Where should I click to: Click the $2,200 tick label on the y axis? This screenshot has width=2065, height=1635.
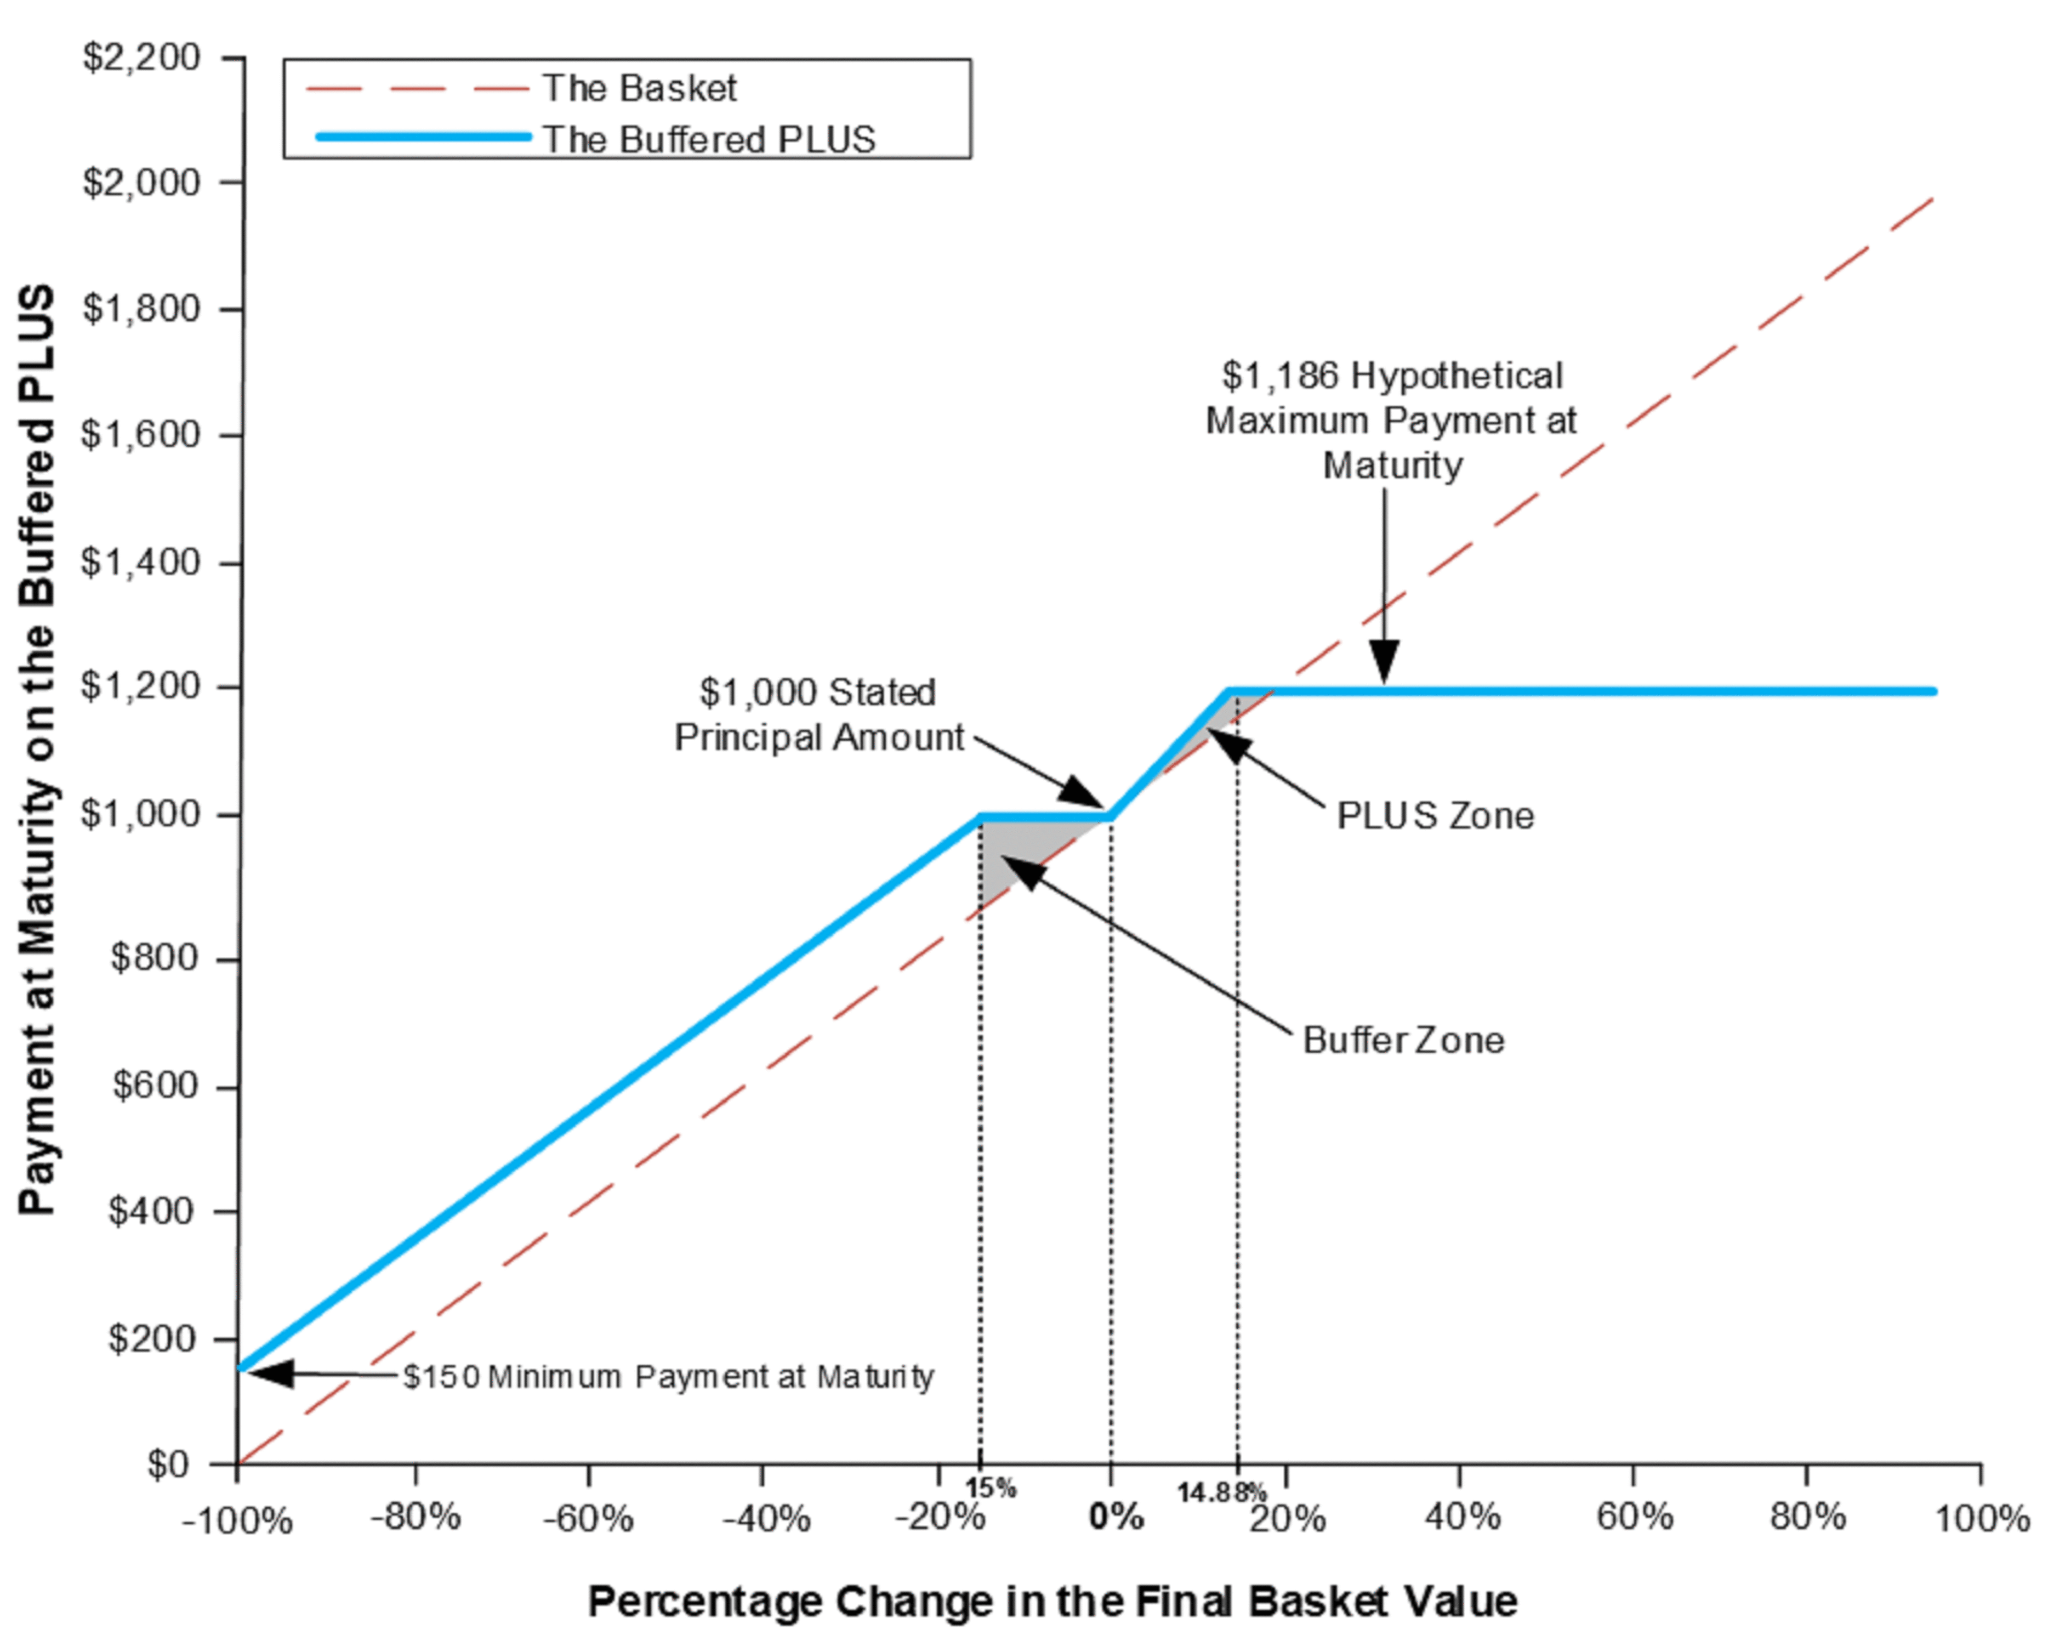[141, 58]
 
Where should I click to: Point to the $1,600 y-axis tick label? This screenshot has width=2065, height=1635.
[141, 435]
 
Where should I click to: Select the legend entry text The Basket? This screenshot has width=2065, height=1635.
[639, 88]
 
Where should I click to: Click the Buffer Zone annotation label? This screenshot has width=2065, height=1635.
[1403, 1041]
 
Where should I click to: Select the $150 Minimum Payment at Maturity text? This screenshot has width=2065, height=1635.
[668, 1377]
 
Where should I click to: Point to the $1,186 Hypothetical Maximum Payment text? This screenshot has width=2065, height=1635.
[1391, 420]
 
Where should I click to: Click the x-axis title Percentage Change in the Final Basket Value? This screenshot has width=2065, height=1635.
[1053, 1600]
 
